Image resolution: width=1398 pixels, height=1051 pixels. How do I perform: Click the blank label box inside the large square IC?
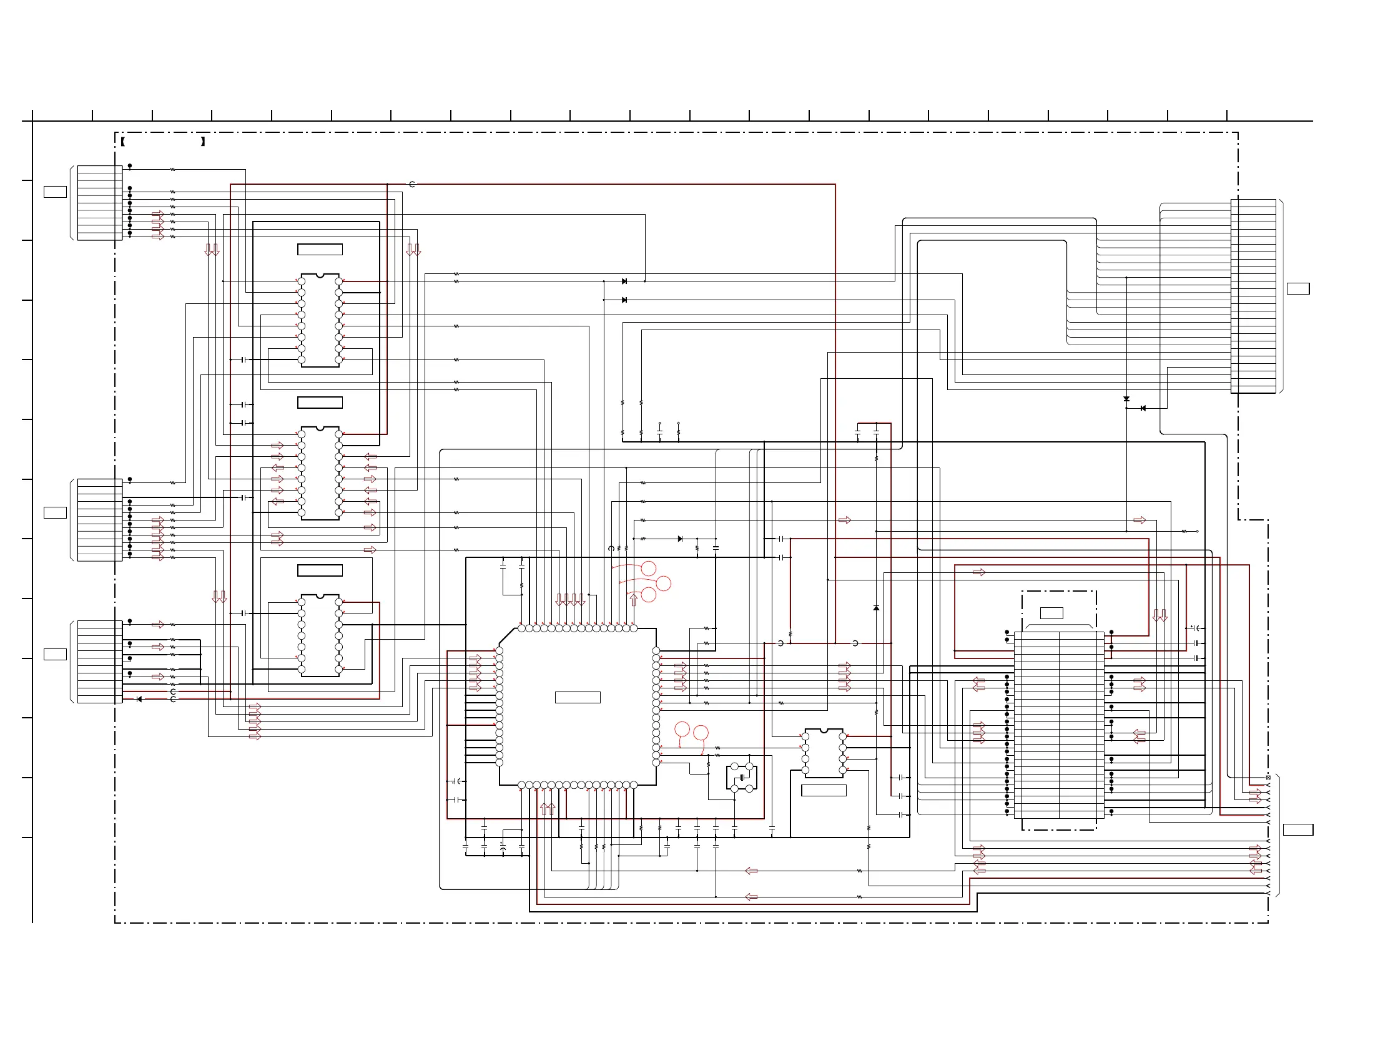577,697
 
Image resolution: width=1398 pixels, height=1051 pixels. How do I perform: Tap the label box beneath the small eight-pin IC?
823,790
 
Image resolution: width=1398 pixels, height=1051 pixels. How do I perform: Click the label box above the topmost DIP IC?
320,250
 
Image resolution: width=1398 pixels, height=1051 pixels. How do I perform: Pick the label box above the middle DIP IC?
320,403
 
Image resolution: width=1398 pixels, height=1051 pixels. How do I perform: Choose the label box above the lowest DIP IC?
320,570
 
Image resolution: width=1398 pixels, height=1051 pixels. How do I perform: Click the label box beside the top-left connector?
55,192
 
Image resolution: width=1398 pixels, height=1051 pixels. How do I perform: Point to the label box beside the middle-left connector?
55,512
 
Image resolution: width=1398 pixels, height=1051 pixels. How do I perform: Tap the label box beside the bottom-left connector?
55,654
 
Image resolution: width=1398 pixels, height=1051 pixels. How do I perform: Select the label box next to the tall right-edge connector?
1298,288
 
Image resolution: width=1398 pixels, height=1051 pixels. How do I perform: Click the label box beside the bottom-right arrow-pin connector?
1297,829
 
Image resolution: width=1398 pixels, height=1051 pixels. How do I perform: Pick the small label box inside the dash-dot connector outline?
1051,613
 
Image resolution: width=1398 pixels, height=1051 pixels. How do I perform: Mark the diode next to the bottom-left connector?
139,699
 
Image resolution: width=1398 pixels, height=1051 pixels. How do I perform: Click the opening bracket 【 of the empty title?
122,142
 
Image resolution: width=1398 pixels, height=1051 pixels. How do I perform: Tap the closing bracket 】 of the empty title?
203,142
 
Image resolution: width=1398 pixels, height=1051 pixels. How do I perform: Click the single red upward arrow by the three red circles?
633,599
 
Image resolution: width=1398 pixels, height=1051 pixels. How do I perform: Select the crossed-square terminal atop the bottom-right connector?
1268,777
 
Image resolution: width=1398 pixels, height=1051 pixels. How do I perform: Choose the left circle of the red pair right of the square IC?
681,730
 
